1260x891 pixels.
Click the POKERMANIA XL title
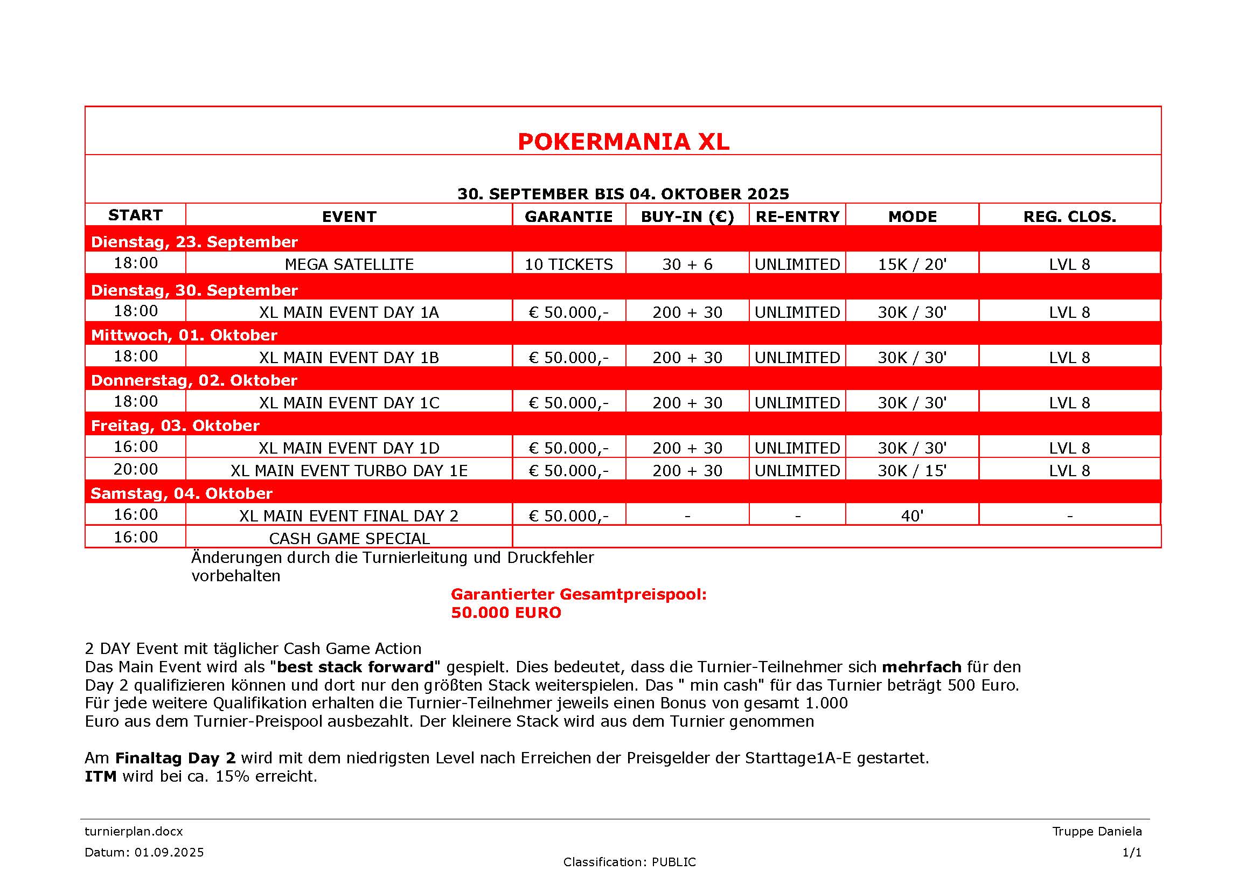click(623, 142)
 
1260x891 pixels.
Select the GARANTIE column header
click(568, 217)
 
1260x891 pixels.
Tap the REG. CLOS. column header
click(1069, 217)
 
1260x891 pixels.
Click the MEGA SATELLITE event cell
click(349, 264)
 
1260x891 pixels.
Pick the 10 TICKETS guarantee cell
click(568, 264)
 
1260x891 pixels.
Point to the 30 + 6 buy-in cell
click(687, 264)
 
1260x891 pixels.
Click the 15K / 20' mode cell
click(912, 264)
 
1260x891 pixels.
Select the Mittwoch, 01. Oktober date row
click(184, 335)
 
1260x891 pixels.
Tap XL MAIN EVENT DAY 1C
click(349, 403)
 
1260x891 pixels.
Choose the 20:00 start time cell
click(136, 470)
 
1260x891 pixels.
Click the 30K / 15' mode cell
click(912, 471)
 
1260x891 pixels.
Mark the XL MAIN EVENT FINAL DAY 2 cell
click(349, 516)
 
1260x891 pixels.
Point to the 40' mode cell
click(912, 516)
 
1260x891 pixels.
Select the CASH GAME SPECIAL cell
click(349, 538)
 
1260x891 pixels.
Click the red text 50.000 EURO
click(506, 613)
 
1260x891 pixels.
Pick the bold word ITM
click(100, 776)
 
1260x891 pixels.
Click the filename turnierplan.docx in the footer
click(134, 831)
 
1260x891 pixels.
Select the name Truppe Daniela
click(1096, 831)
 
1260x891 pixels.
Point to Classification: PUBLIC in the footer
click(629, 862)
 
